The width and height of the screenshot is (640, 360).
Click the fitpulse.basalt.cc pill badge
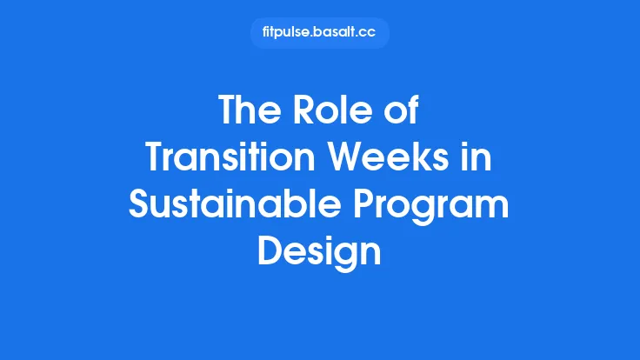click(x=320, y=33)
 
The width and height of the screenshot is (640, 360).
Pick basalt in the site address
click(x=341, y=33)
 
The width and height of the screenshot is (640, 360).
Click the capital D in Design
click(x=271, y=253)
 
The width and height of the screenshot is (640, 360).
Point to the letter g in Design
click(x=343, y=257)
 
